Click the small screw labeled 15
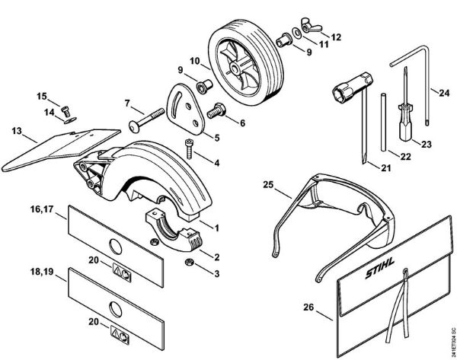tap(66, 107)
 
